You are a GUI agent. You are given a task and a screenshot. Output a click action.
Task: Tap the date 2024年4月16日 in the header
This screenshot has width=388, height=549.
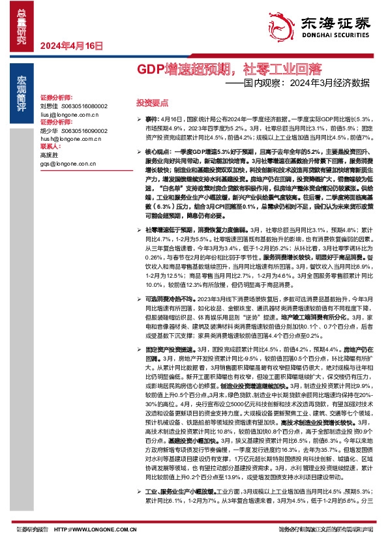(x=72, y=46)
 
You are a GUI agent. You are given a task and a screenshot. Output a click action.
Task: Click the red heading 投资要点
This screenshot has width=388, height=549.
(x=152, y=103)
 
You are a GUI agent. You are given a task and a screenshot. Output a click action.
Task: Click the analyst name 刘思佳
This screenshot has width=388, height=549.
(x=49, y=105)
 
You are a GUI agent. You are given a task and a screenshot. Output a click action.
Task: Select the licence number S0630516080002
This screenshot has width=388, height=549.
(x=83, y=105)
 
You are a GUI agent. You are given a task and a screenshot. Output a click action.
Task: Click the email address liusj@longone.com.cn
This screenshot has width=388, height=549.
(x=69, y=113)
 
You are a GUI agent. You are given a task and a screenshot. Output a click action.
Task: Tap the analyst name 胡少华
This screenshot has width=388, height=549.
(x=49, y=130)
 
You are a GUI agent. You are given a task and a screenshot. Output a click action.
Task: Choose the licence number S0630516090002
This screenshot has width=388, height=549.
(x=83, y=130)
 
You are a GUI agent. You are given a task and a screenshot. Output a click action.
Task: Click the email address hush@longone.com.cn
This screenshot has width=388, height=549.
(x=70, y=139)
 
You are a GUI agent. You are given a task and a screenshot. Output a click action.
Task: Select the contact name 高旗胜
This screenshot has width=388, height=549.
(x=49, y=156)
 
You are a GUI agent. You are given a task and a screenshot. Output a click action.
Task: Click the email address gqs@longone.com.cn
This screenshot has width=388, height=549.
(x=68, y=164)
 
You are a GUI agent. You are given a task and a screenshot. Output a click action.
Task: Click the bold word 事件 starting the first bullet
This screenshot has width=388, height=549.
(x=151, y=119)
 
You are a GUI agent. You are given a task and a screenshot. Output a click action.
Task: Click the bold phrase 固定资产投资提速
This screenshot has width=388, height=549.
(x=166, y=350)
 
